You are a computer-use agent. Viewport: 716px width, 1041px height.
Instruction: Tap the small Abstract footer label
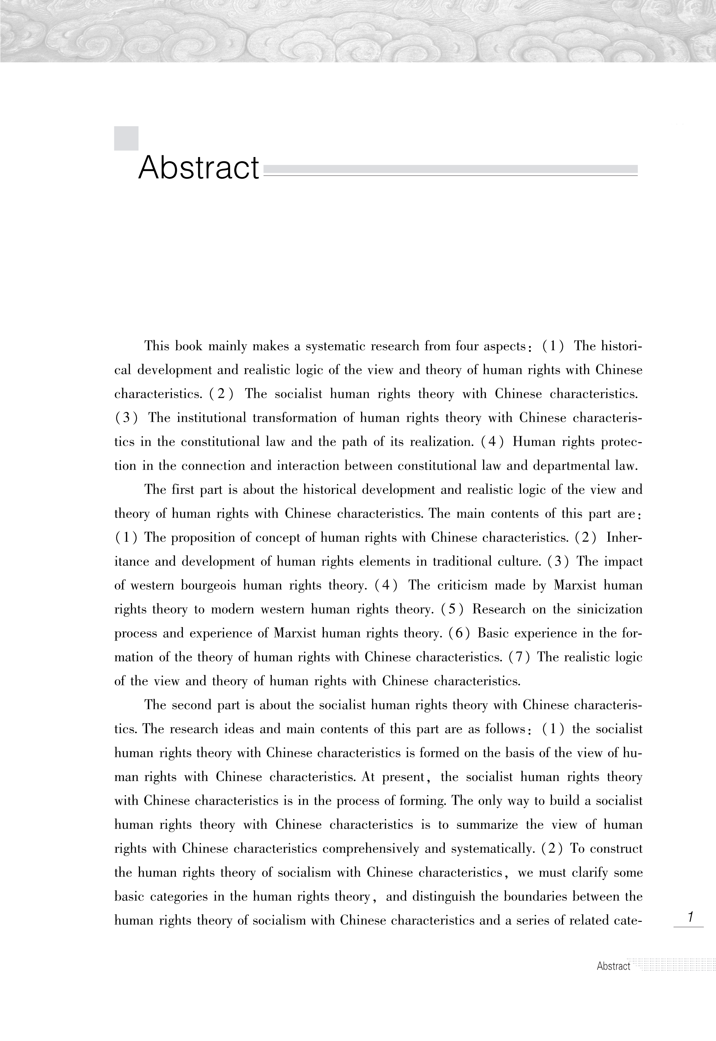tap(613, 966)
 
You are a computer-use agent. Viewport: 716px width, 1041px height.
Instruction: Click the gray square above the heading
tap(126, 138)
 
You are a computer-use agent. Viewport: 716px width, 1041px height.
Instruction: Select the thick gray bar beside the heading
tap(450, 169)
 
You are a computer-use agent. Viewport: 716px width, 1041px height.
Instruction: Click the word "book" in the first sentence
tap(188, 346)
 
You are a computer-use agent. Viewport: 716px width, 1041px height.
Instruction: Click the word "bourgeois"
tap(208, 585)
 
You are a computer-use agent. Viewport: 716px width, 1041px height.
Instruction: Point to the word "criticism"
tap(462, 585)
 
